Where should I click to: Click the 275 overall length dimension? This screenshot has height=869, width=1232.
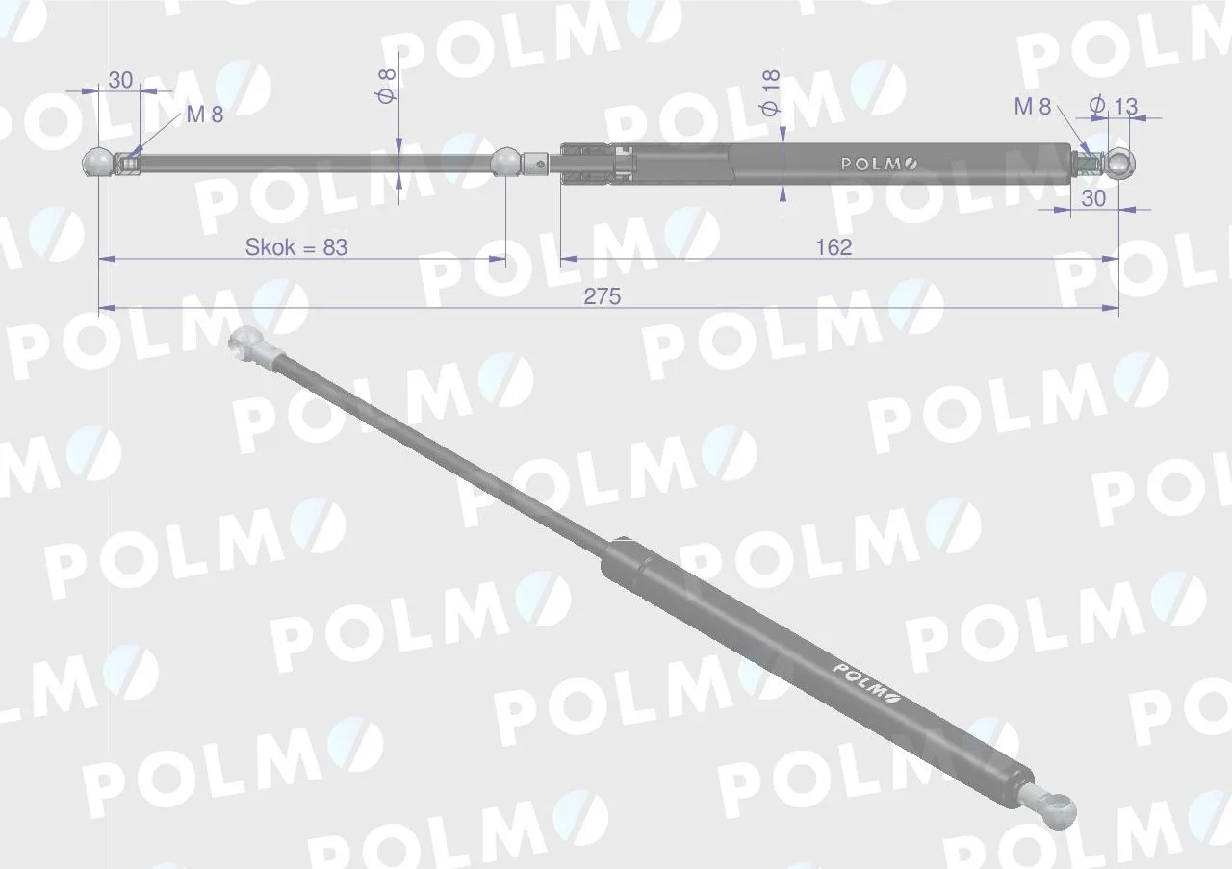click(x=603, y=297)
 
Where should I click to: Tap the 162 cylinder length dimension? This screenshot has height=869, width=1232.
click(x=834, y=247)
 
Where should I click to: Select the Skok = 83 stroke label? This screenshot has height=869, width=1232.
click(x=296, y=247)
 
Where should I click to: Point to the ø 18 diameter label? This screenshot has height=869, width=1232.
click(x=771, y=92)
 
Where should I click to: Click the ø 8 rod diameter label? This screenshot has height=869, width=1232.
click(x=386, y=86)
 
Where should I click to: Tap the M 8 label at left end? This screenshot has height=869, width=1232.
click(x=205, y=115)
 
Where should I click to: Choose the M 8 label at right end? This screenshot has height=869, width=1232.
click(x=1033, y=107)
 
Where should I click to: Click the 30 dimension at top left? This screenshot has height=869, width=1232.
click(x=120, y=80)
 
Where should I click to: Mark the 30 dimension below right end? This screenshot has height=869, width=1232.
click(x=1093, y=198)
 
